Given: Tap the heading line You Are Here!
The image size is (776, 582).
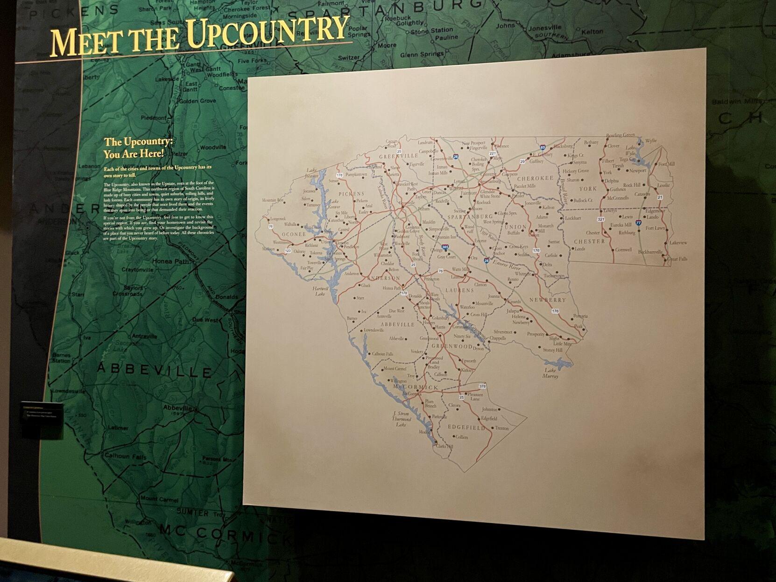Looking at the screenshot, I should coord(134,153).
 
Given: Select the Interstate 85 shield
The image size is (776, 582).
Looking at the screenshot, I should coord(543,147).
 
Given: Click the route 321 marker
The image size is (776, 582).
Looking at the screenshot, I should coord(601,219).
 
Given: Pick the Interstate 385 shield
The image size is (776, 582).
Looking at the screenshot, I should coord(445,247).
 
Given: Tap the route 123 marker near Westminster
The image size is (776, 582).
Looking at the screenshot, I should coord(288,251).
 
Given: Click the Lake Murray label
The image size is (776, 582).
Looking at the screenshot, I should coord(550,373).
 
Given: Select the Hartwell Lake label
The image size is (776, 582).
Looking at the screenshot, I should coord(321,291).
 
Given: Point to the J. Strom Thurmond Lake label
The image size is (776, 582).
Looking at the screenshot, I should coord(401,419).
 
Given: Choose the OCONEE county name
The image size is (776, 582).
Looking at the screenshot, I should coord(294,234).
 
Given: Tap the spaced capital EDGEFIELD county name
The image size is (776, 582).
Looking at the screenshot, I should coord(466,427).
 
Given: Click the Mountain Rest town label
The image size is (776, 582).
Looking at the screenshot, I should coord(273,200).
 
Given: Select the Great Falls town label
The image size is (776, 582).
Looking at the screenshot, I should coord(677,259).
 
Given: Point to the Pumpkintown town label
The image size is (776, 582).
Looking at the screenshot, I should coord(356,175).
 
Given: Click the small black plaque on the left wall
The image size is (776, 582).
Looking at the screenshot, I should coord(42,419).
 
